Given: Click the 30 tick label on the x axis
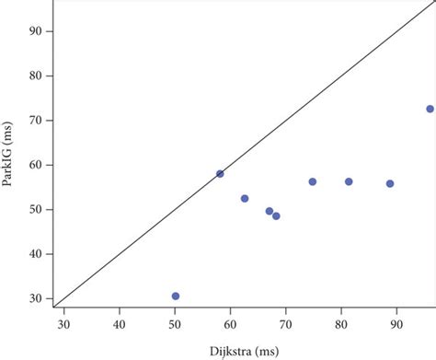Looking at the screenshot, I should (x=64, y=323).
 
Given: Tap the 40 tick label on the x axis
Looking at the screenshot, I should (x=120, y=323).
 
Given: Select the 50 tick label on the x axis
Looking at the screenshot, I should (x=175, y=323).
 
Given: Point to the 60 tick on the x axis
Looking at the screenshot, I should (x=230, y=323).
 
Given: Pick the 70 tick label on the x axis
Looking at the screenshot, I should (x=285, y=323).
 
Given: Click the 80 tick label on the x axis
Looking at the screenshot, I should (x=341, y=323).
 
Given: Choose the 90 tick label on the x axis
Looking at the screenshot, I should (x=396, y=323).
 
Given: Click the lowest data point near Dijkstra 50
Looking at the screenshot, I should (x=176, y=296).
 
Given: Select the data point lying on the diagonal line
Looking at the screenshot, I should (x=220, y=173).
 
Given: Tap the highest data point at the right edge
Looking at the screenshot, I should (x=430, y=109).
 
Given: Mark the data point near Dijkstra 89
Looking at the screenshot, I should (x=390, y=183).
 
